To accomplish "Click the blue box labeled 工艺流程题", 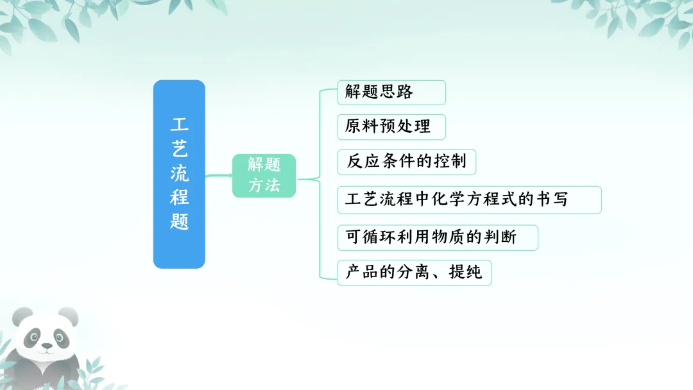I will tap(179, 174).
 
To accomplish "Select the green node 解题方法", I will tap(264, 175).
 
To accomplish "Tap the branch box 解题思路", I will tap(391, 92).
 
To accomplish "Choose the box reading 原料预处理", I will tap(391, 126).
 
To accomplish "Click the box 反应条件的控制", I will tap(406, 162).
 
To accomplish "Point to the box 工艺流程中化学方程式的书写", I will tap(469, 199).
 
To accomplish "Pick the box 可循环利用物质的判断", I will tap(438, 238).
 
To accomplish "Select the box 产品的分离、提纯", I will tap(414, 273).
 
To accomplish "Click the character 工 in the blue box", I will tap(179, 124).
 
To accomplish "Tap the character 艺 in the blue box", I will tap(179, 149).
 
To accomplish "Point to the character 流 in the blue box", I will tap(179, 173).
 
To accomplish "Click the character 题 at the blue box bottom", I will tap(179, 221).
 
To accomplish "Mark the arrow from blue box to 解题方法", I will tap(219, 175).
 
